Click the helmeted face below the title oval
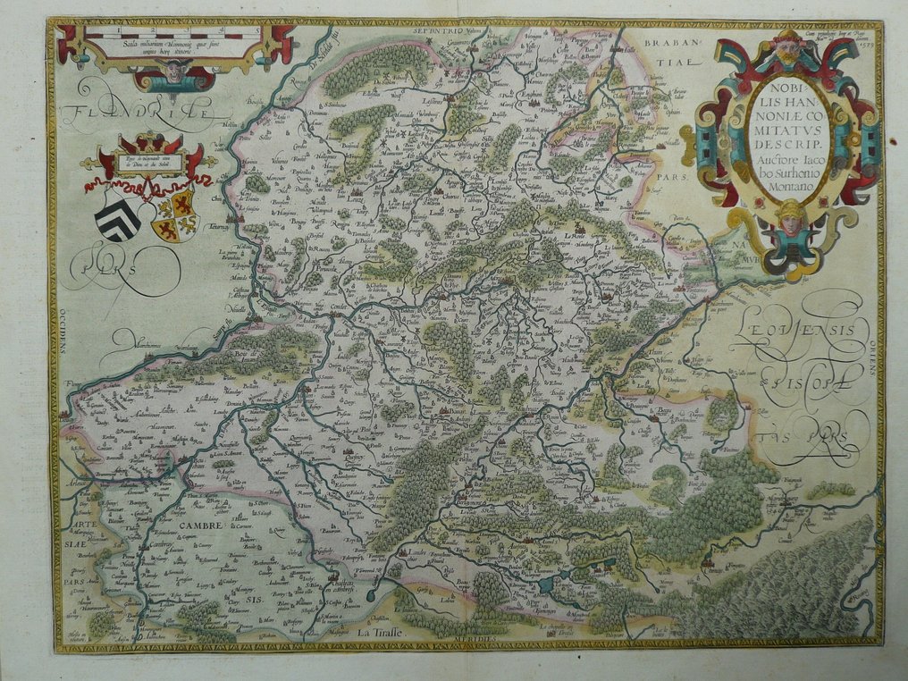(791, 217)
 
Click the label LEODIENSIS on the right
(797, 332)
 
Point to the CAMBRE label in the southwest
(206, 525)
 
